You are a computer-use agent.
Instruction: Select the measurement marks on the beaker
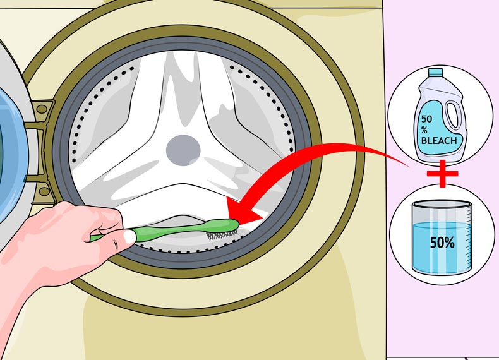465,234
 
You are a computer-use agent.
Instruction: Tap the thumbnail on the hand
130,237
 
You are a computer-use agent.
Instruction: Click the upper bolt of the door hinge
42,109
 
